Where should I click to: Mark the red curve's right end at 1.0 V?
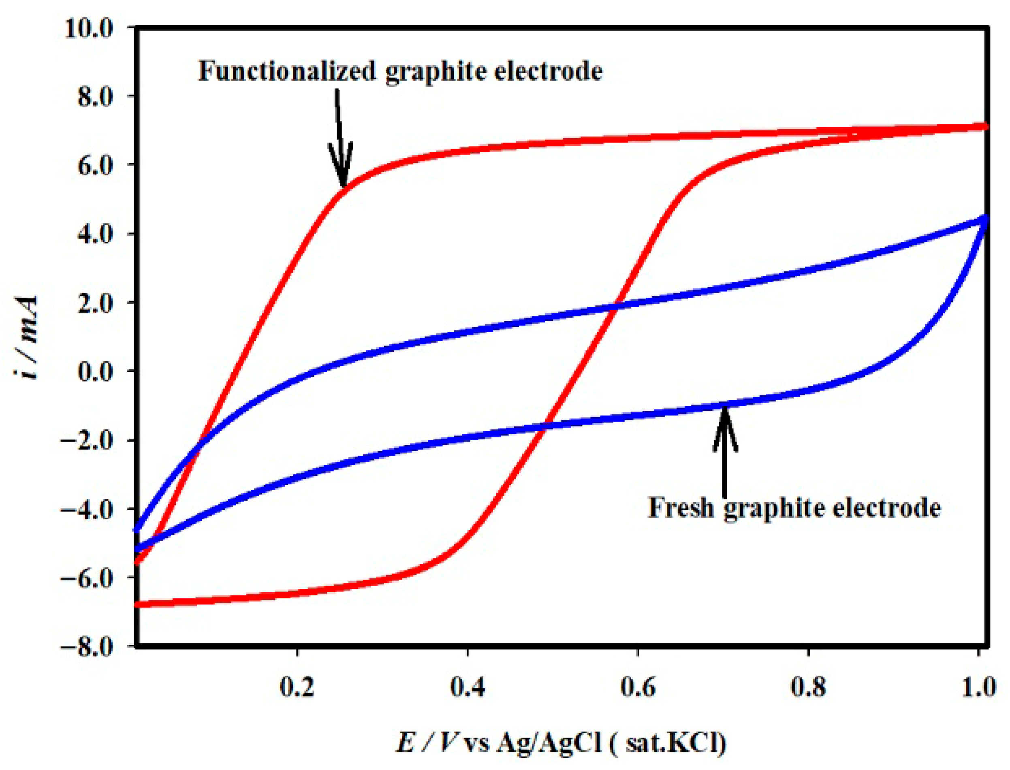984,126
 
